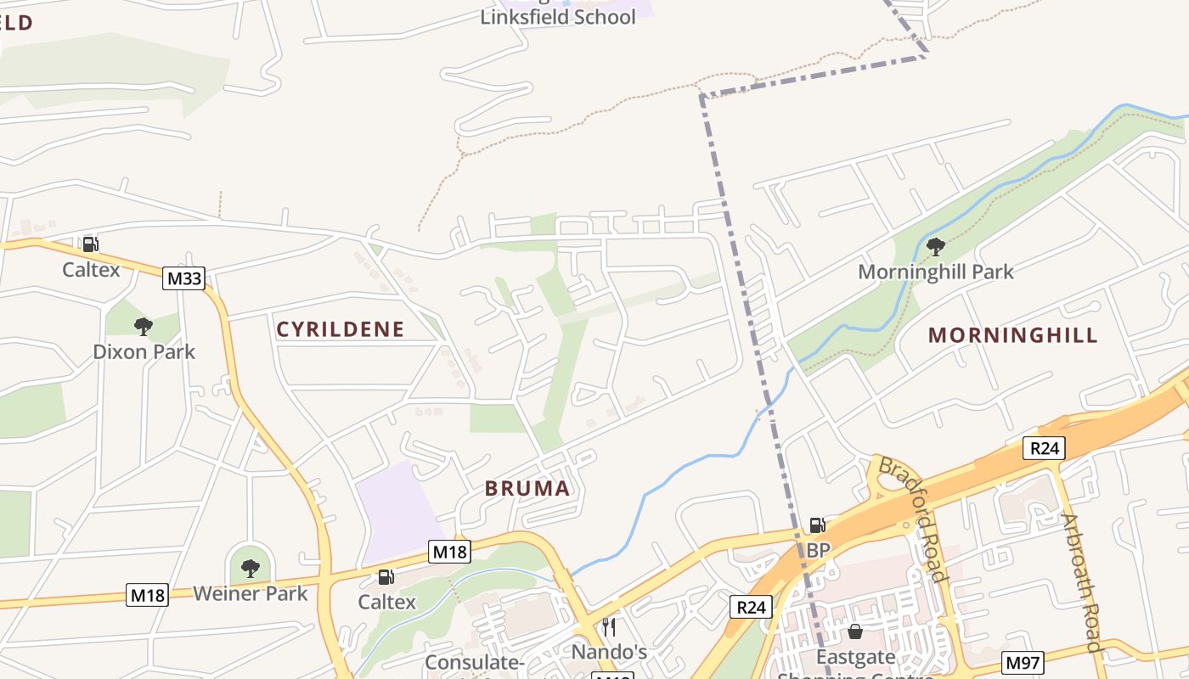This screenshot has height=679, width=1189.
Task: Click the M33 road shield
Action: (184, 278)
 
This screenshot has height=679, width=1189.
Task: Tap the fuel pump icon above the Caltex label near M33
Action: (90, 244)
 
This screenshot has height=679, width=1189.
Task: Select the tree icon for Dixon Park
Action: (144, 325)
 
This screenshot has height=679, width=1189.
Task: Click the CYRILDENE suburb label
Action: (341, 329)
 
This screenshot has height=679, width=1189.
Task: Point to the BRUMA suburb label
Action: (527, 488)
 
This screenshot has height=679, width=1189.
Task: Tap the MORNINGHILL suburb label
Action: (1013, 334)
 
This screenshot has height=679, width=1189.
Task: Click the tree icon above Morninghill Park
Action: (935, 247)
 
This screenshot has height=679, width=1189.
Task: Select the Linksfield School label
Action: (558, 17)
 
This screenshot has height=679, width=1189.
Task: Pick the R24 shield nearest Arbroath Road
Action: (1043, 447)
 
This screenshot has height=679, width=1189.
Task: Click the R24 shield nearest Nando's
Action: (751, 606)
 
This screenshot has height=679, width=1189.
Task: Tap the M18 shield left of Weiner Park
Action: (148, 595)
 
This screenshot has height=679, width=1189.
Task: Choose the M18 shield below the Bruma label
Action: (449, 552)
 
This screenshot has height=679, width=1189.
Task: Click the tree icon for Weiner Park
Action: (250, 568)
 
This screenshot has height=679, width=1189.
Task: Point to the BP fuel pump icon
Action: (817, 525)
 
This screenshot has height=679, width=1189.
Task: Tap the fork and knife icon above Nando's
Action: (609, 627)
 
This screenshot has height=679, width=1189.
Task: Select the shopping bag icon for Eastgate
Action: (855, 632)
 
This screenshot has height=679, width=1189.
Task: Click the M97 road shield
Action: (1023, 663)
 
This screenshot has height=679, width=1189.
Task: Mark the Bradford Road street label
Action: (912, 519)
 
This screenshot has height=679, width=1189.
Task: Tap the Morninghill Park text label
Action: (935, 272)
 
